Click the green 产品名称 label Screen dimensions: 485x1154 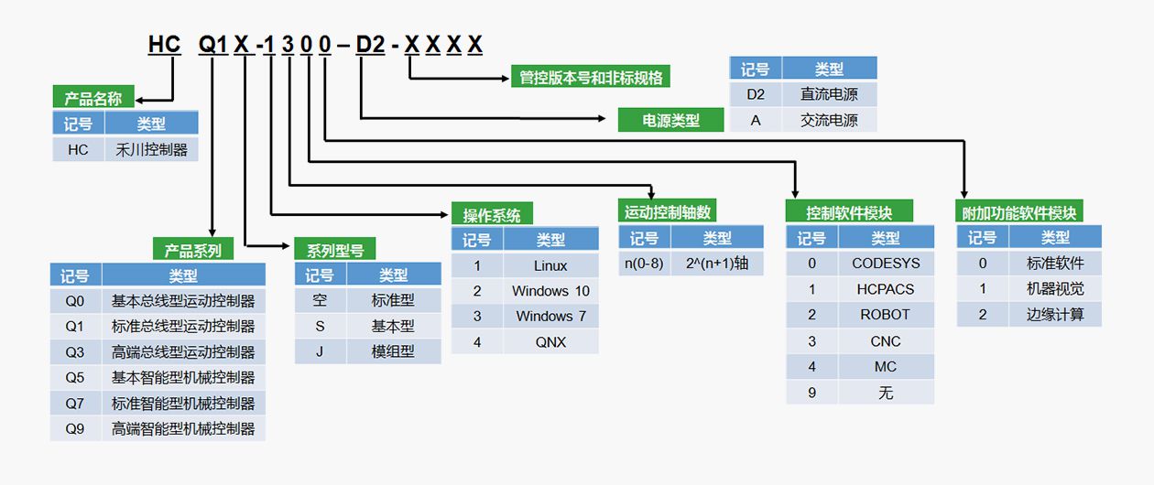(93, 98)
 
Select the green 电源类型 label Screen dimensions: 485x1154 (671, 120)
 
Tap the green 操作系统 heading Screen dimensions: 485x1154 (491, 215)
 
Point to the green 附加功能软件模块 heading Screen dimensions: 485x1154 (1018, 212)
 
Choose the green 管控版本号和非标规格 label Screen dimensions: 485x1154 (591, 78)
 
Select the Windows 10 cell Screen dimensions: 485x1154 (550, 291)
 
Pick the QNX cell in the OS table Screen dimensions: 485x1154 (550, 341)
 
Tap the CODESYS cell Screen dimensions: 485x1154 (886, 264)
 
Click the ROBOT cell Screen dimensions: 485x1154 (886, 314)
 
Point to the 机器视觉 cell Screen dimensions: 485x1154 (1055, 288)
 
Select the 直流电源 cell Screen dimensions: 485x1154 (829, 94)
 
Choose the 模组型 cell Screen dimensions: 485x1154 (393, 350)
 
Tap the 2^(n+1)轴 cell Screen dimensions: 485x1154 (717, 264)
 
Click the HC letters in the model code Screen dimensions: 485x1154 (165, 44)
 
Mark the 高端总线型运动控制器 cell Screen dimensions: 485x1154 (183, 351)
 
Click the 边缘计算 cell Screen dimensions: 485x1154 (1055, 314)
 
